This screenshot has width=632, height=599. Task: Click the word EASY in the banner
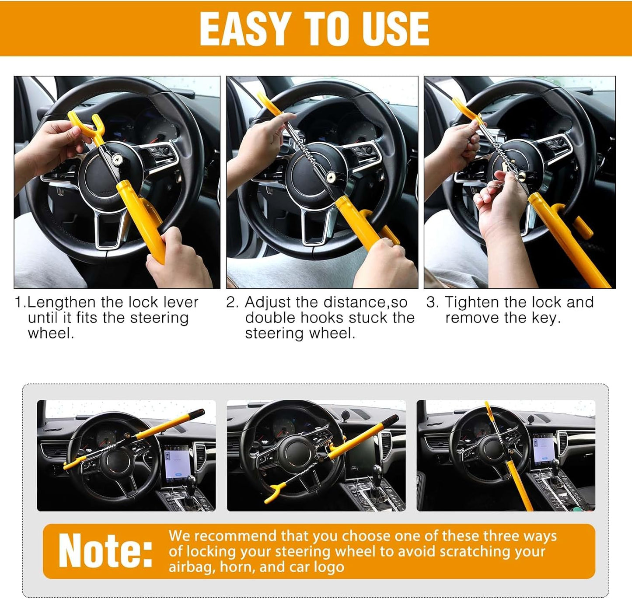click(x=243, y=29)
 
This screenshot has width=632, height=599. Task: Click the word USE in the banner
click(x=395, y=29)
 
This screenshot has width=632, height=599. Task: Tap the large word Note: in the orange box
click(x=105, y=551)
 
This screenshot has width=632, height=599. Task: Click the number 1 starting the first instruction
click(x=18, y=302)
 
